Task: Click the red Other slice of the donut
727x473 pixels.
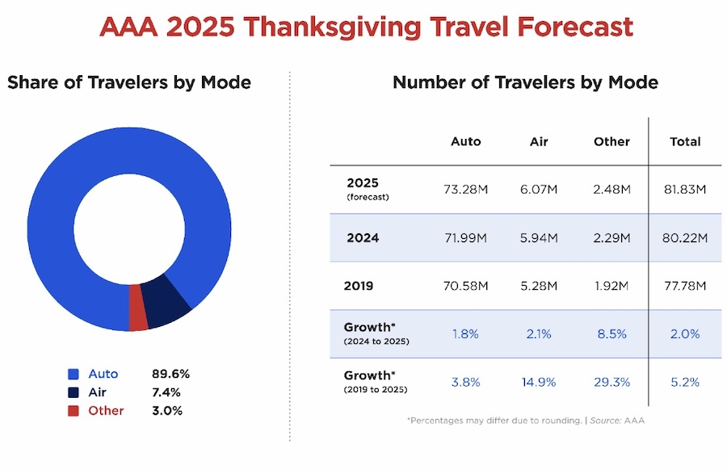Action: point(139,318)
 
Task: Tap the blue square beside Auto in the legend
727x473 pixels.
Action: point(74,374)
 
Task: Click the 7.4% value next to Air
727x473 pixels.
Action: point(166,392)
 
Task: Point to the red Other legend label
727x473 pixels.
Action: point(107,411)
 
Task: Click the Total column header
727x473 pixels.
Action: point(685,141)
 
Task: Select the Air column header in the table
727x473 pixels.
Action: point(539,141)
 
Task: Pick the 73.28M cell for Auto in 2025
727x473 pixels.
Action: point(466,190)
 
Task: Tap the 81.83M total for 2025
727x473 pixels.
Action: point(685,190)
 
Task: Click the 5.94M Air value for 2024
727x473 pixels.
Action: point(539,238)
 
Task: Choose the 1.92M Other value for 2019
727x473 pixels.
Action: point(611,286)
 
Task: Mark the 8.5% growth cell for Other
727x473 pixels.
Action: point(611,334)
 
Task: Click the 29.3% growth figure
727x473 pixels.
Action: point(611,383)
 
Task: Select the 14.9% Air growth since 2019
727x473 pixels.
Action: point(539,383)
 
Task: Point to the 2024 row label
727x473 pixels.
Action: point(363,238)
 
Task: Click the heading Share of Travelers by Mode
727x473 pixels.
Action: point(129,82)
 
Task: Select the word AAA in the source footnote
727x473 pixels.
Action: point(635,421)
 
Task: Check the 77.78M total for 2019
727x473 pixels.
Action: point(685,286)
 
